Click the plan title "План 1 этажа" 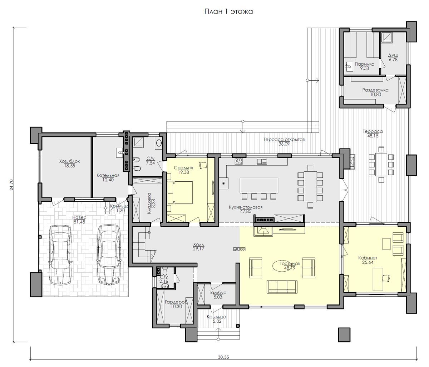pyautogui.click(x=228, y=11)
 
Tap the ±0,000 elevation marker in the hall pyautogui.click(x=240, y=249)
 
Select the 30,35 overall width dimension pyautogui.click(x=223, y=357)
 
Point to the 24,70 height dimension pyautogui.click(x=12, y=185)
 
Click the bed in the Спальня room pyautogui.click(x=180, y=192)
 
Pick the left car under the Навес pyautogui.click(x=60, y=255)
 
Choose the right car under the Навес pyautogui.click(x=108, y=255)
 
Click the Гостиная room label pyautogui.click(x=290, y=263)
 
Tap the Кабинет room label pyautogui.click(x=368, y=258)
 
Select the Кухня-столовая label pyautogui.click(x=246, y=207)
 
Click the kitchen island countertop pyautogui.click(x=259, y=185)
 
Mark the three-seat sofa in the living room pyautogui.click(x=282, y=287)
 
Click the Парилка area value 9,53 pyautogui.click(x=364, y=69)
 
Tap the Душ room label pyautogui.click(x=393, y=56)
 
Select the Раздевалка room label pyautogui.click(x=375, y=90)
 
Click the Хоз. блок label pyautogui.click(x=69, y=161)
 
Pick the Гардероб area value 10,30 pyautogui.click(x=176, y=307)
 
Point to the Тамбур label pyautogui.click(x=217, y=293)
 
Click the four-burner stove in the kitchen pyautogui.click(x=238, y=161)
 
